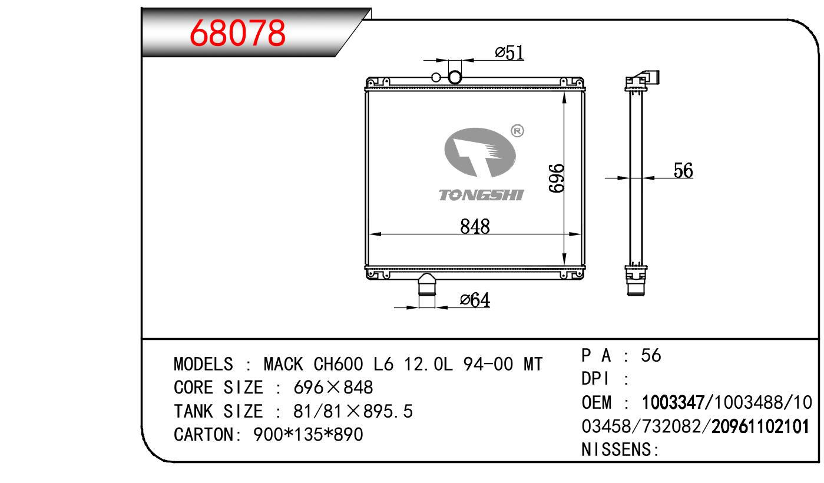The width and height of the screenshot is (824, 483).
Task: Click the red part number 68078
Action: tap(237, 33)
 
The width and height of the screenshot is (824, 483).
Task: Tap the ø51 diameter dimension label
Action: tap(509, 52)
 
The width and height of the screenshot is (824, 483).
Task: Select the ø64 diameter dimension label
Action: tap(475, 299)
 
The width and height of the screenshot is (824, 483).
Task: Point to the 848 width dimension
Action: tap(475, 226)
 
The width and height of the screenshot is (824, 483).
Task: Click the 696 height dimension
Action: tap(556, 178)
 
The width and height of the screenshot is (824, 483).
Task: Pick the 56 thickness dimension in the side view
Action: tap(683, 170)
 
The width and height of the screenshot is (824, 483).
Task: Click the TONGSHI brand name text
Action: tap(481, 195)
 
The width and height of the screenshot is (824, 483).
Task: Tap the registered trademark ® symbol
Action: tap(518, 131)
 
